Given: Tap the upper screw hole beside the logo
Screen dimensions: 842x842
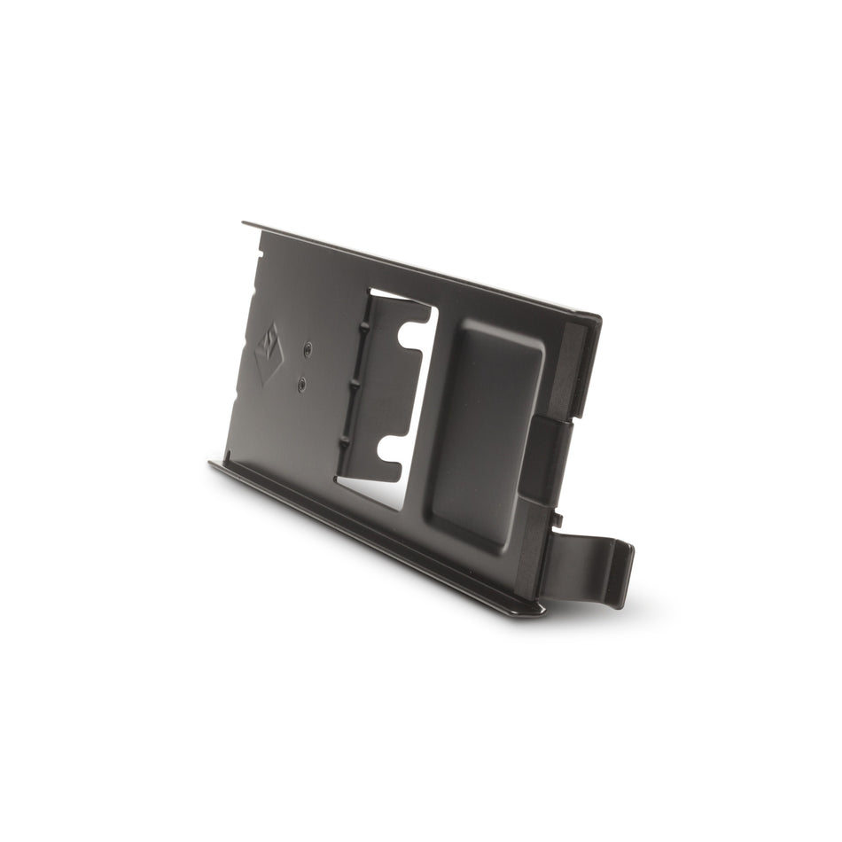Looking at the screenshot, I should point(307,349).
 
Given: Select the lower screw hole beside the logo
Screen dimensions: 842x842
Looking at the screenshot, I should point(302,385).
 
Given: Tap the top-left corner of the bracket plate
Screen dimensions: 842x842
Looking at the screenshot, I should point(246,224).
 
